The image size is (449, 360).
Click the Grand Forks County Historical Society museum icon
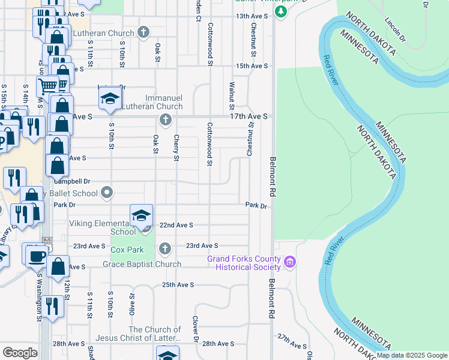tap(290, 262)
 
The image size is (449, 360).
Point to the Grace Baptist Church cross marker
tap(165, 248)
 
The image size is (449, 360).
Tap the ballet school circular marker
tap(107, 193)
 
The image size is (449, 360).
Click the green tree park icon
tap(279, 10)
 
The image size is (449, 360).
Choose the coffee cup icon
tap(35, 254)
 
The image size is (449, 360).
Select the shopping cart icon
tap(48, 85)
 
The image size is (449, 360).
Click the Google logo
tap(20, 353)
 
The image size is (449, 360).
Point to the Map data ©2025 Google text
tap(412, 355)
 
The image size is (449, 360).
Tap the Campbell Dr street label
tap(71, 181)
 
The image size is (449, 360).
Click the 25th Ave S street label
tap(179, 285)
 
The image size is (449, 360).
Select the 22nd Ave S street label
tap(176, 225)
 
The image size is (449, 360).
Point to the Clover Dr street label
tap(196, 329)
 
